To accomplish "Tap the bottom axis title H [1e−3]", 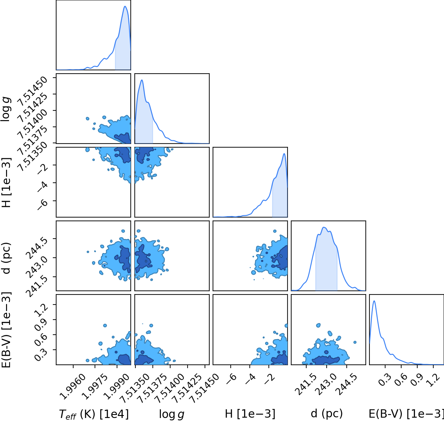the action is [250, 414].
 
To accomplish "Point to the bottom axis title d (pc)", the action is [327, 414].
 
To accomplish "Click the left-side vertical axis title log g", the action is [6, 109].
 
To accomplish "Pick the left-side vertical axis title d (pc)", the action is [6, 258].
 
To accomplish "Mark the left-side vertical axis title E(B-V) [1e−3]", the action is [6, 330].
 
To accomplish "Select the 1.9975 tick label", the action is [95, 387].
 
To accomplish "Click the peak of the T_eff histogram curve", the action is [125, 6].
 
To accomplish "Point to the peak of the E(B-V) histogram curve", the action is [374, 301].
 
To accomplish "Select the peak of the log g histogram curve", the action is [142, 80].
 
